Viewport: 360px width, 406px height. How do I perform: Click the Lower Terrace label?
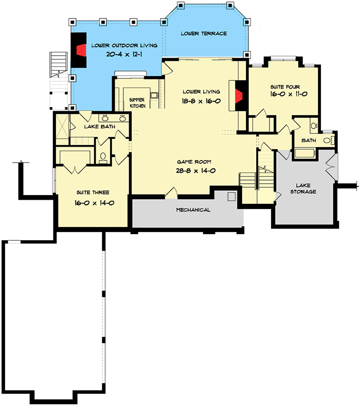[x=204, y=33]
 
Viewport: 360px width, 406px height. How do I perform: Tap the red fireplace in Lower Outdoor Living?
[x=81, y=50]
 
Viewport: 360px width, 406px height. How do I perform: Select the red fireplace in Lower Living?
[x=239, y=95]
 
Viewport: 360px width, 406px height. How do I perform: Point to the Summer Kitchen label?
[x=137, y=102]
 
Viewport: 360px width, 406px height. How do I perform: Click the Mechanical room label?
[x=193, y=210]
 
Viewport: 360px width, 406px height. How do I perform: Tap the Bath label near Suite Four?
[x=309, y=140]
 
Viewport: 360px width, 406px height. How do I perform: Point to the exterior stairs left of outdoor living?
[x=57, y=65]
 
